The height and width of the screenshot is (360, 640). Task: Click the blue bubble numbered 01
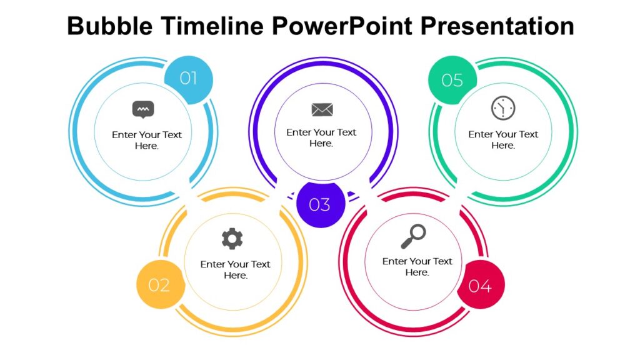[188, 79]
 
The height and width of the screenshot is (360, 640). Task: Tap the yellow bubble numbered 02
[159, 285]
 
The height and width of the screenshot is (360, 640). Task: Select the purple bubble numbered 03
[320, 204]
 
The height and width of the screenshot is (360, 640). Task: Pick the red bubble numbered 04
[480, 286]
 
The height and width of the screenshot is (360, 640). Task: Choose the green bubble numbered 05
[452, 81]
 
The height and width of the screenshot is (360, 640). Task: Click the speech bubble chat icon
[143, 110]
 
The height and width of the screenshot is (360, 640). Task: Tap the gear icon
[232, 239]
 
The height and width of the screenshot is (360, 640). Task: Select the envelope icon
[322, 110]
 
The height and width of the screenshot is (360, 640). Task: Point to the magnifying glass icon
[414, 236]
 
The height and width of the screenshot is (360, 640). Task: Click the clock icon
[502, 108]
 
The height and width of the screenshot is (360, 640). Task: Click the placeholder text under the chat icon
[147, 140]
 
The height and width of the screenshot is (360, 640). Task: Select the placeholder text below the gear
[235, 269]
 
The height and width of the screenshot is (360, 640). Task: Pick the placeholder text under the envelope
[321, 137]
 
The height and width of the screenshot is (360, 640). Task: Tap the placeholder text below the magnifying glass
[417, 267]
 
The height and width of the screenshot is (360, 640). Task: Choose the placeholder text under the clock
[503, 139]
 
